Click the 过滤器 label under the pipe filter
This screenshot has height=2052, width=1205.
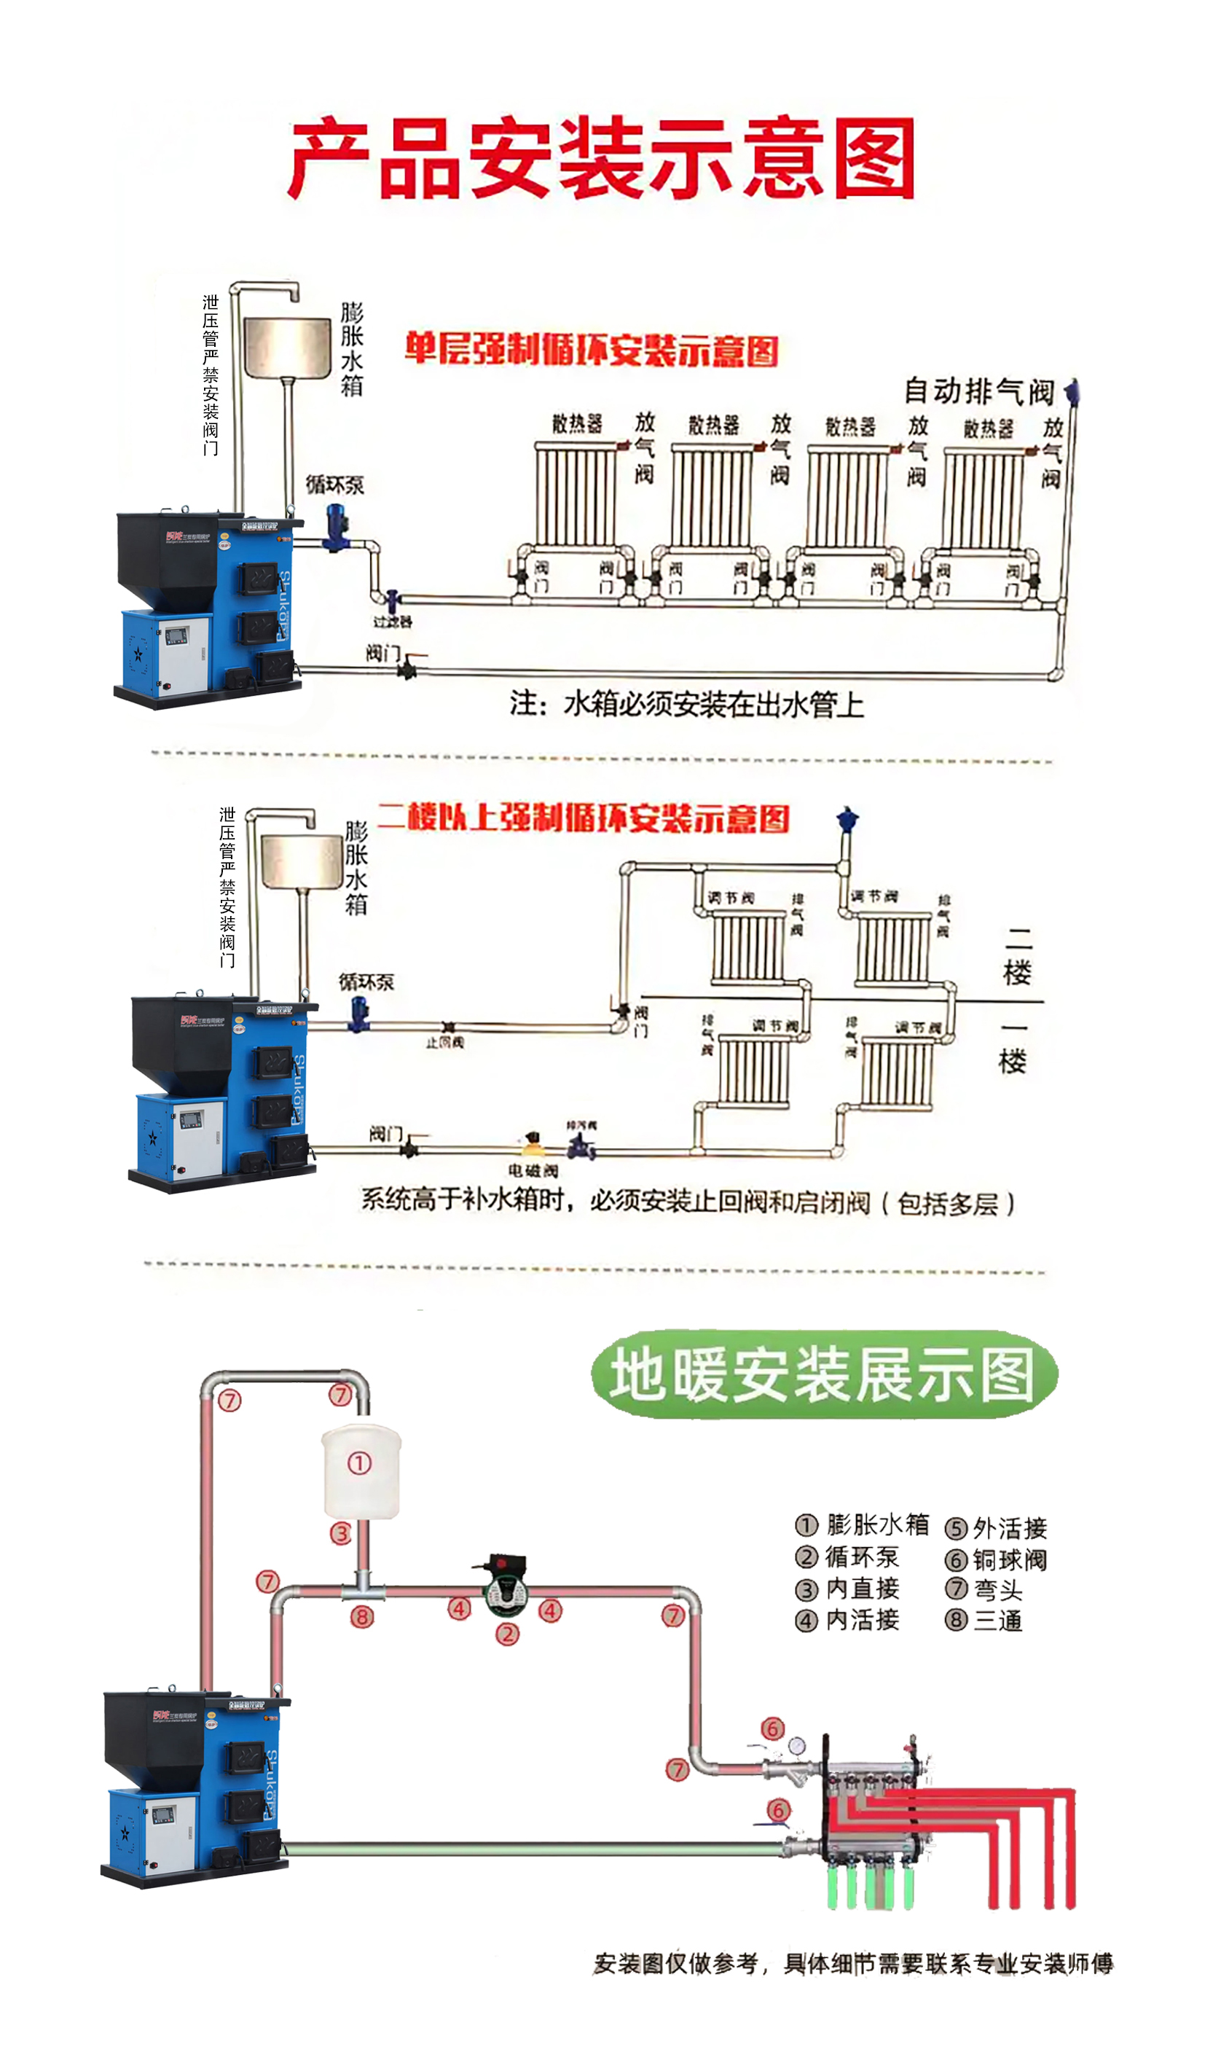click(x=393, y=622)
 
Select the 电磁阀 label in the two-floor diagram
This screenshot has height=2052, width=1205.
click(x=533, y=1171)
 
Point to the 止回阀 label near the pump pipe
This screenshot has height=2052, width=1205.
click(x=444, y=1042)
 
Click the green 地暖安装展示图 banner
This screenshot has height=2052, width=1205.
click(x=823, y=1374)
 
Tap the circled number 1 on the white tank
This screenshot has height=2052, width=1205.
click(x=360, y=1463)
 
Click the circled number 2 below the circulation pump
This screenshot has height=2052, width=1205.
click(x=507, y=1634)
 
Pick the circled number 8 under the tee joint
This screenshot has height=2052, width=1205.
click(x=362, y=1616)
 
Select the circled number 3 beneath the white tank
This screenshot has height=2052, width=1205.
click(x=340, y=1534)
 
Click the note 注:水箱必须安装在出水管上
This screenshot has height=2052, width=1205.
click(x=686, y=705)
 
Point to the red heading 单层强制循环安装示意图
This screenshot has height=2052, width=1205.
click(x=592, y=351)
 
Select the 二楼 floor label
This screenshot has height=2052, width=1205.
click(x=1018, y=957)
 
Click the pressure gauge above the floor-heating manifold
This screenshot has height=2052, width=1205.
click(x=796, y=1746)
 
